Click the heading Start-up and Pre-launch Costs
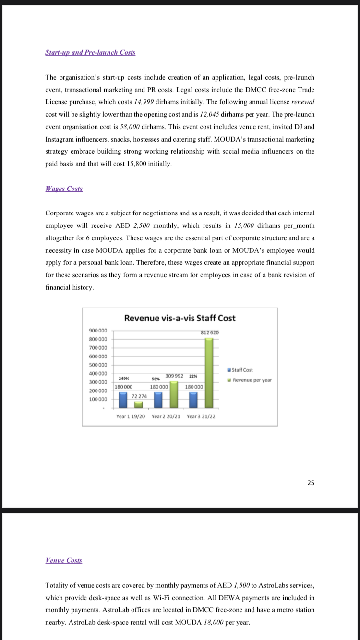click(90, 52)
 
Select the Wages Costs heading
click(63, 189)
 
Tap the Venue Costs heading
click(63, 560)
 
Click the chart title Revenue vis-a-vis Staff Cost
click(180, 318)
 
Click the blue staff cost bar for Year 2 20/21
click(159, 399)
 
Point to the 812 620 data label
click(210, 332)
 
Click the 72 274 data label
click(139, 396)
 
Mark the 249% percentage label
click(123, 378)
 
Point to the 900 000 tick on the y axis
click(99, 331)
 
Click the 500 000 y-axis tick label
click(99, 365)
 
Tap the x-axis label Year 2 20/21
click(166, 416)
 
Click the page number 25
click(311, 483)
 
